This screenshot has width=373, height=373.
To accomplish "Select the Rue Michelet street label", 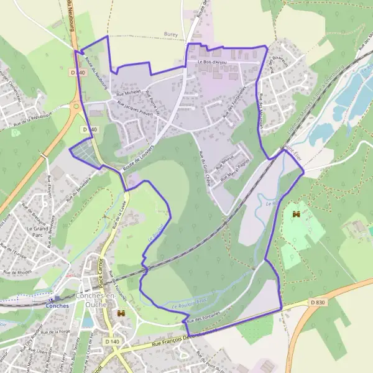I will click(129, 95).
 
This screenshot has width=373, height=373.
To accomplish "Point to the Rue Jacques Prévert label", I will click(130, 106).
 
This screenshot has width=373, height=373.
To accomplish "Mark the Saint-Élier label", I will click(288, 147).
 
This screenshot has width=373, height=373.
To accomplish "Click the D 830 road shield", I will click(317, 302).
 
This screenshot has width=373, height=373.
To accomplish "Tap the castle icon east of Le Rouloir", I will click(296, 214).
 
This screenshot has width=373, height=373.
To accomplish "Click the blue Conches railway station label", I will click(57, 305).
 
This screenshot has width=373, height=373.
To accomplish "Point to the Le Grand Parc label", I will click(37, 233).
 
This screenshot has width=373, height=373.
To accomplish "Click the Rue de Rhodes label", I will click(17, 272).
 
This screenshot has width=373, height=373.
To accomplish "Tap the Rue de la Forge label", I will click(57, 331).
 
